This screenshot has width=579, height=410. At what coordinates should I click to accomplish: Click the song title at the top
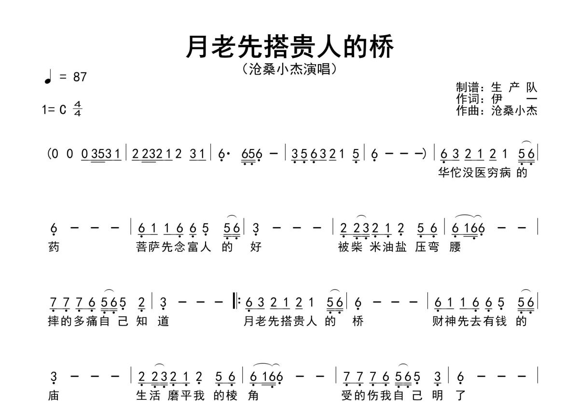(289, 47)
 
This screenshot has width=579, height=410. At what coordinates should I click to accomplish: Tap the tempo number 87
(80, 77)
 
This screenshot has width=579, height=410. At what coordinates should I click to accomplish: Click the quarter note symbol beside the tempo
(47, 78)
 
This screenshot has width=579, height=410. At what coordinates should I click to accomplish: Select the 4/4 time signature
(77, 109)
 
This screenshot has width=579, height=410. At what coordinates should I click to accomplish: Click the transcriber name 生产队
(514, 88)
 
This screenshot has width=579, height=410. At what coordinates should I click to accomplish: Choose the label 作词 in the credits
(467, 99)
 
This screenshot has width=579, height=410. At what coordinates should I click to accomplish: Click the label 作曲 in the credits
(467, 110)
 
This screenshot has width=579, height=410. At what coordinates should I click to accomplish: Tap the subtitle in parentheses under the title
(289, 69)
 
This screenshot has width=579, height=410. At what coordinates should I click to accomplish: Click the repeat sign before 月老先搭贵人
(237, 302)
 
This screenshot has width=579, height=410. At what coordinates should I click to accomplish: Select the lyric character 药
(54, 247)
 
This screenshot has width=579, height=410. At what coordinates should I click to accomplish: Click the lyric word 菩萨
(148, 247)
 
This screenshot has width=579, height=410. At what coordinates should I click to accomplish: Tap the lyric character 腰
(455, 247)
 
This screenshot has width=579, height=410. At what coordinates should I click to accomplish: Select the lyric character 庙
(54, 396)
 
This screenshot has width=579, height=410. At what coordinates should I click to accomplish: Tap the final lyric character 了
(460, 396)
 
